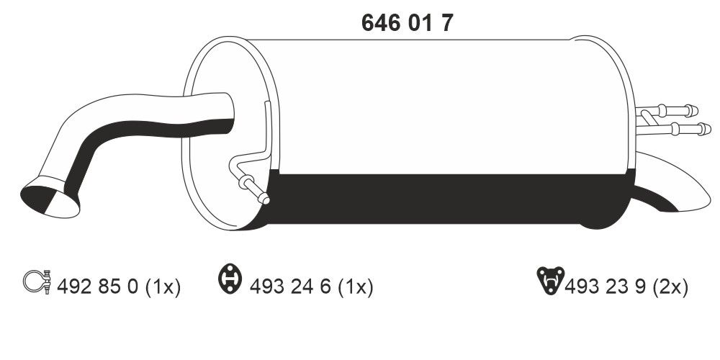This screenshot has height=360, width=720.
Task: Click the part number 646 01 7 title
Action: [x=407, y=23]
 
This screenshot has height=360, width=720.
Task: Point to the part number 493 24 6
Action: [x=292, y=287]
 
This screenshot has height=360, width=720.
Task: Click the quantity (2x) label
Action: [x=670, y=287]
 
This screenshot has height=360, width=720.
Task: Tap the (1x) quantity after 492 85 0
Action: [x=163, y=287]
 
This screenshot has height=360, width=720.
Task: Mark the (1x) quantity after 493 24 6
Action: [x=356, y=287]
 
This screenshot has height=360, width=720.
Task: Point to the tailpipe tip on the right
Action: [x=684, y=194]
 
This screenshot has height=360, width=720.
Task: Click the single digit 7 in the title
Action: [x=446, y=23]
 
